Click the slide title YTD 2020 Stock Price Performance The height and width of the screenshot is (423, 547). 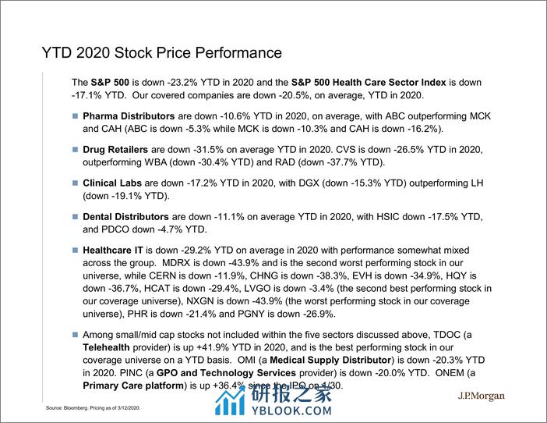pos(161,53)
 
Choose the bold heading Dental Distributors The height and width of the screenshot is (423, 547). pos(125,216)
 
